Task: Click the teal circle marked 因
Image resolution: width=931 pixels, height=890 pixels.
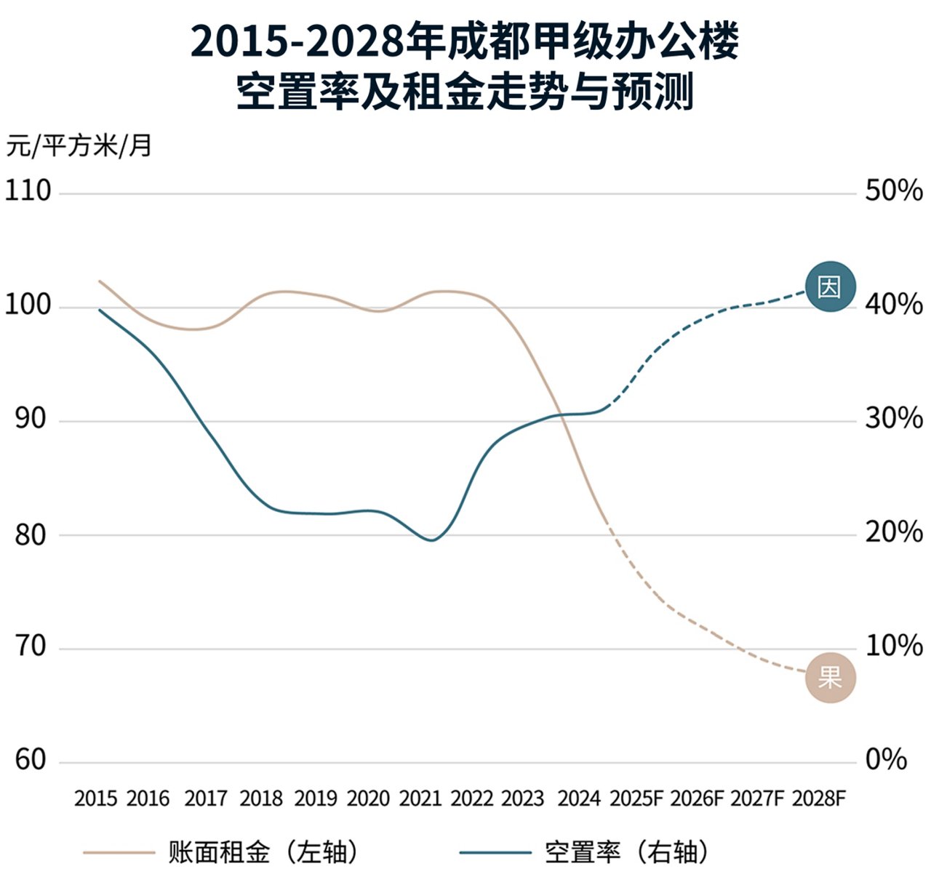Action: pyautogui.click(x=830, y=286)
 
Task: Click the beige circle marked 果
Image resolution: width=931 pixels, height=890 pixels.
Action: pyautogui.click(x=830, y=678)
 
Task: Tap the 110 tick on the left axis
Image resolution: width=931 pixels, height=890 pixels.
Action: pyautogui.click(x=28, y=191)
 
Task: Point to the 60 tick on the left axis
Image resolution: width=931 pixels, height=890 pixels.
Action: pyautogui.click(x=31, y=760)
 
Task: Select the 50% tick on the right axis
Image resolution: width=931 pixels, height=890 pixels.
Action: pyautogui.click(x=893, y=191)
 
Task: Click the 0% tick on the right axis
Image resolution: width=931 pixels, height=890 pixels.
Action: pyautogui.click(x=886, y=760)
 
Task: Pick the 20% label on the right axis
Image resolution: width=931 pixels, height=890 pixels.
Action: pyautogui.click(x=893, y=532)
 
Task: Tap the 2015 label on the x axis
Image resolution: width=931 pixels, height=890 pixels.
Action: pyautogui.click(x=95, y=798)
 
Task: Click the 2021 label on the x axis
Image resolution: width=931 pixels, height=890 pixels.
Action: pyautogui.click(x=420, y=798)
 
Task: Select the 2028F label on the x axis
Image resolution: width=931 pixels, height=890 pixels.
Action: pyautogui.click(x=818, y=798)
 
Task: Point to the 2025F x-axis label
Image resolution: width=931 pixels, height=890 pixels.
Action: pyautogui.click(x=636, y=798)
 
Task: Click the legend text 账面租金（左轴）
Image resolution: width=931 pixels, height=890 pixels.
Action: pyautogui.click(x=263, y=852)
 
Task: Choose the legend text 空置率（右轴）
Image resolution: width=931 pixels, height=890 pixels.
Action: pyautogui.click(x=627, y=852)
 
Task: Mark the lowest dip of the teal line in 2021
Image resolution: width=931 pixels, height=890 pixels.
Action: pyautogui.click(x=432, y=540)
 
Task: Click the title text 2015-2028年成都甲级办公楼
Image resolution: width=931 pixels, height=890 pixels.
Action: pyautogui.click(x=465, y=41)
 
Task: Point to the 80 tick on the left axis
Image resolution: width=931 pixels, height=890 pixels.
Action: pyautogui.click(x=31, y=534)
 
